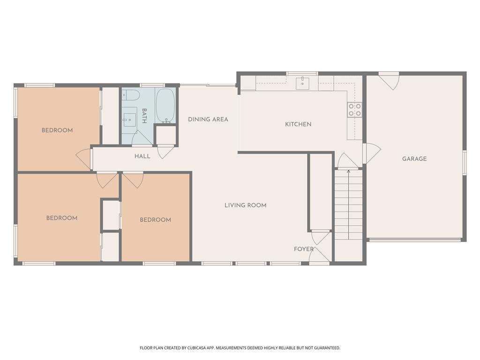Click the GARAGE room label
pos(414,159)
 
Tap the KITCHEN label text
pos(298,124)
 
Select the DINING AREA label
pos(208,120)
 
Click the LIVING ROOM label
pos(245,205)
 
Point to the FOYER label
pos(303,249)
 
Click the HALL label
pos(142,156)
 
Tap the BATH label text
pos(144,116)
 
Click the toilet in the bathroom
pos(131,96)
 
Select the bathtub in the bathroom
pos(165,105)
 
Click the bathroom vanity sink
pos(129,120)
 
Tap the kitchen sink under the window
pos(302,83)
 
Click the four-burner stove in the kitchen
pos(354,110)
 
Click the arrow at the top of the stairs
pos(348,172)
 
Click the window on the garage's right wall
pos(464,163)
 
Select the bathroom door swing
pos(142,139)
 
